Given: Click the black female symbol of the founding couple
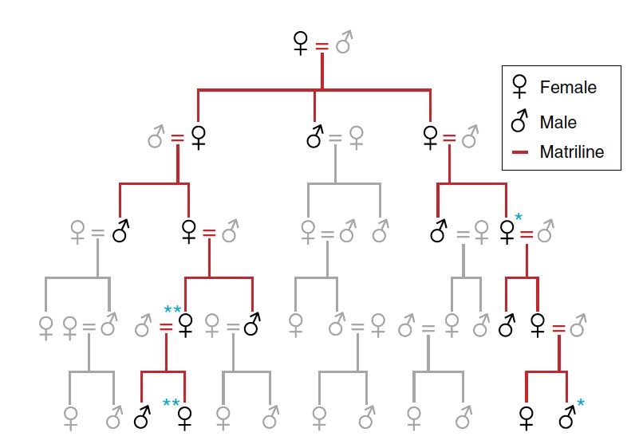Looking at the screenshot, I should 301,43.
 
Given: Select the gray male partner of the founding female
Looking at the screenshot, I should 344,41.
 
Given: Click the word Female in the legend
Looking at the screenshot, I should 568,87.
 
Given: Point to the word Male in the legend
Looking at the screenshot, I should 558,122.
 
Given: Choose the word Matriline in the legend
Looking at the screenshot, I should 571,151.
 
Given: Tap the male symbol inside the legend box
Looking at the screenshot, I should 520,121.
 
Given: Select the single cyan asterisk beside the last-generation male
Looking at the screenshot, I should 581,403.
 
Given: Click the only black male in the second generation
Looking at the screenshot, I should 316,137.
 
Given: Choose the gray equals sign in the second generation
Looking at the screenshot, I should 336,139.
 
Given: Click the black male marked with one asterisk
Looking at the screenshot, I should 567,415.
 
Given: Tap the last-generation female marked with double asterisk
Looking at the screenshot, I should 186,416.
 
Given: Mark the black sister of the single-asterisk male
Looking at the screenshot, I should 527,416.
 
